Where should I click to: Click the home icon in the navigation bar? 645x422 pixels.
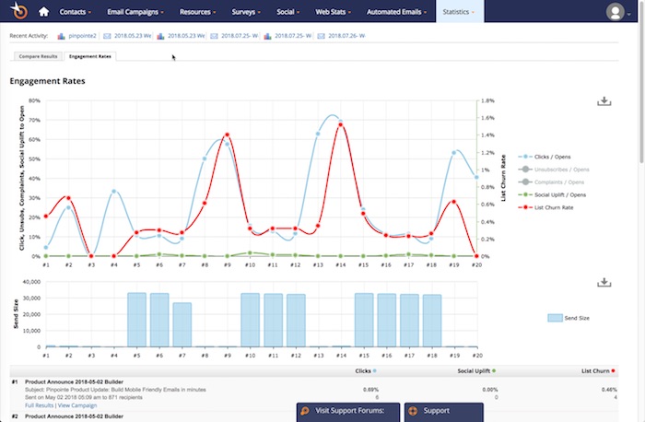(x=42, y=13)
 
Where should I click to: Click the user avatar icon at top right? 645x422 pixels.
(x=615, y=12)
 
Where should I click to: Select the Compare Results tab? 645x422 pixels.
(x=38, y=56)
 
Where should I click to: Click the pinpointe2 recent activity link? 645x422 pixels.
(x=82, y=35)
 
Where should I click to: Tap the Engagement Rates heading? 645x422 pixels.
(x=47, y=81)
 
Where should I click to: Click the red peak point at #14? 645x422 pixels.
(x=341, y=124)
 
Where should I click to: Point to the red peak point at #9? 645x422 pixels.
(x=227, y=135)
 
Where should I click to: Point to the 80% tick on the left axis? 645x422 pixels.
(x=34, y=100)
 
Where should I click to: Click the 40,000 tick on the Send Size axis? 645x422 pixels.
(x=31, y=282)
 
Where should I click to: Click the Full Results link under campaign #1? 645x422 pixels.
(x=39, y=404)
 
